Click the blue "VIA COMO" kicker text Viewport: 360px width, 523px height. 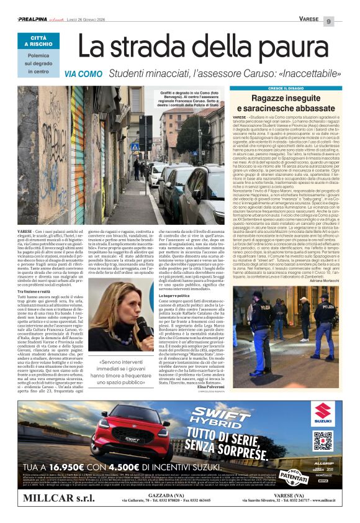(83, 74)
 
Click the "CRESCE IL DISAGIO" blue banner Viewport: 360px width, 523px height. (286, 89)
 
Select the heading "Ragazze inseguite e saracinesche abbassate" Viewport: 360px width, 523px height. (286, 103)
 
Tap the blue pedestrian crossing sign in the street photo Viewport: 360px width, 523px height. (135, 148)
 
